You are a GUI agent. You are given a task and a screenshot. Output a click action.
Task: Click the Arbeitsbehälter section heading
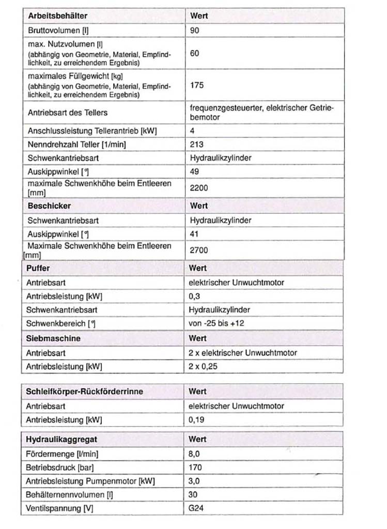[x=57, y=16]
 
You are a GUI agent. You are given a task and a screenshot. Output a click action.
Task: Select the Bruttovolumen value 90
[x=195, y=30]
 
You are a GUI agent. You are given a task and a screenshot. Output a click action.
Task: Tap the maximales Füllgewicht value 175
[x=197, y=86]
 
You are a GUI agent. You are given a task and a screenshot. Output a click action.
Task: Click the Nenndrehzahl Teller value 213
[x=197, y=144]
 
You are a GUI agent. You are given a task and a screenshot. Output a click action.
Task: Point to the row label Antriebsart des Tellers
[x=68, y=112]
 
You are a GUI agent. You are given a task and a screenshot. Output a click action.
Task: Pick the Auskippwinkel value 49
[x=195, y=171]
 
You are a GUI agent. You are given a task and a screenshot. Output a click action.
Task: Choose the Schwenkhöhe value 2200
[x=199, y=188]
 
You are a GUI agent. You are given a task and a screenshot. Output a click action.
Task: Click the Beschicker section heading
[x=46, y=206]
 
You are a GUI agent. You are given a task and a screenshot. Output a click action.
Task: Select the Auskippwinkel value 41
[x=195, y=234]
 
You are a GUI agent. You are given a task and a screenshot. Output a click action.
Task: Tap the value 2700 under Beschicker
[x=199, y=251]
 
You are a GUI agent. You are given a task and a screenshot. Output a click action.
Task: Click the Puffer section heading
[x=38, y=269]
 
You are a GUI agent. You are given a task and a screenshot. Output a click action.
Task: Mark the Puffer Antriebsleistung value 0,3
[x=194, y=297]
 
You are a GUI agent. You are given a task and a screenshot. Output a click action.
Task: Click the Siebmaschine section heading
[x=53, y=338]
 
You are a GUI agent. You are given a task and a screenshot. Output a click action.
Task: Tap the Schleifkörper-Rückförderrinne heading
[x=84, y=392]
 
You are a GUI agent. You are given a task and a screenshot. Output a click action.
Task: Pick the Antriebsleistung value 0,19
[x=196, y=419]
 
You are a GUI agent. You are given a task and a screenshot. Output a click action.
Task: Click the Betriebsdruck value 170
[x=196, y=468]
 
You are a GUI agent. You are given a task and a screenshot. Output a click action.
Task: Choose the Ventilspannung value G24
[x=196, y=508]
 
